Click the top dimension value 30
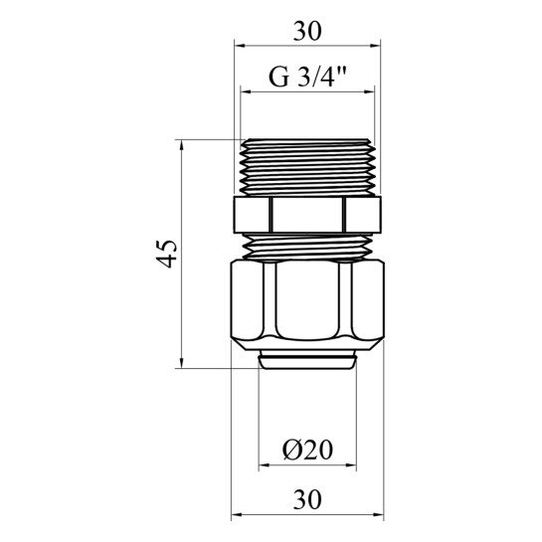307,31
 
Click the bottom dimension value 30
307,499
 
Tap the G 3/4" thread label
307,78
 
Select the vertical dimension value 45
167,254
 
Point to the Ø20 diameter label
307,450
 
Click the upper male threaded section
307,167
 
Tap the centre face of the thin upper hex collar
307,215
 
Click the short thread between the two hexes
307,247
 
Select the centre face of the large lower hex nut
307,300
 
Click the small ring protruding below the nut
307,359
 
